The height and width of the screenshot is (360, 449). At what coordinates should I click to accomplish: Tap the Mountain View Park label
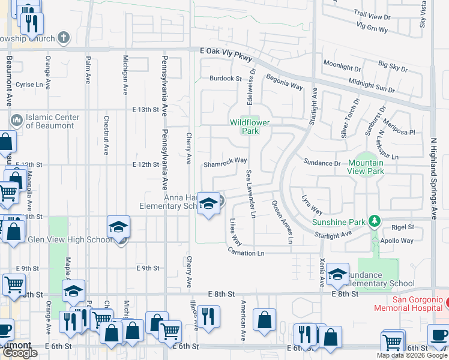coord(366,167)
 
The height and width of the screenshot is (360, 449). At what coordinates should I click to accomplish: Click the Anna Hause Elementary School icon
coord(208,204)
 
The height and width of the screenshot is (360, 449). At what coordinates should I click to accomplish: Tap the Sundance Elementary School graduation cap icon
coord(337,274)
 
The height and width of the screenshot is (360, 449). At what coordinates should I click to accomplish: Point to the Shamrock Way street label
coord(225,161)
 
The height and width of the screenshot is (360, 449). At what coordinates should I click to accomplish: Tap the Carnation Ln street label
coord(246,253)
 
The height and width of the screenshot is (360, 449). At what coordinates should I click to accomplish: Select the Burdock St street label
coord(225,79)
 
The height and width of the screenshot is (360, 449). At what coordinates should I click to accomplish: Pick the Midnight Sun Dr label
coord(371,86)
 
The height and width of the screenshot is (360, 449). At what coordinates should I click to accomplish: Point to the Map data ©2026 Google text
coord(412,355)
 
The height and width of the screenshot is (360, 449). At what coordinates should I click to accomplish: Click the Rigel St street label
coord(402,227)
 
